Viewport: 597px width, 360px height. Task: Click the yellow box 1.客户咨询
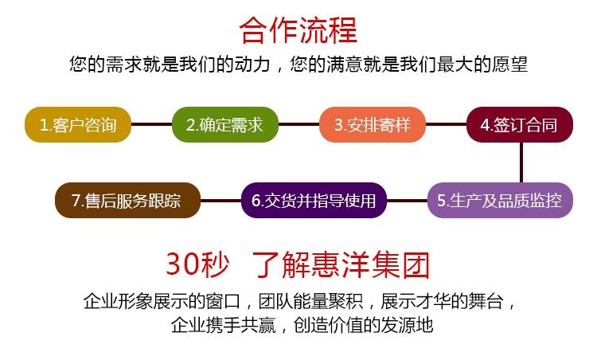click(78, 124)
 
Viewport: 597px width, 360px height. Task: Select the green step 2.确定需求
click(225, 124)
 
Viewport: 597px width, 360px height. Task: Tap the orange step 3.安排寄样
click(373, 124)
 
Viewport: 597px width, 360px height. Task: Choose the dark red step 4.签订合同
click(520, 124)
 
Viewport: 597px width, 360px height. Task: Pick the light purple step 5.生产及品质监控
click(500, 201)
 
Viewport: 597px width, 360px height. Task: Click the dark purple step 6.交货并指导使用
click(314, 201)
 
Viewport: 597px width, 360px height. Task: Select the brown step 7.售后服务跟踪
click(128, 201)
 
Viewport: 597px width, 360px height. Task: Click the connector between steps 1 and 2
click(151, 124)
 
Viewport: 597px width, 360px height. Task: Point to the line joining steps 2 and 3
click(298, 124)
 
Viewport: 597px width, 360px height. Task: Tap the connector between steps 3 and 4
click(447, 124)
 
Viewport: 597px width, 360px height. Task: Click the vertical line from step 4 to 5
click(521, 162)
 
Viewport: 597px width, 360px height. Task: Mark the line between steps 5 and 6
click(407, 201)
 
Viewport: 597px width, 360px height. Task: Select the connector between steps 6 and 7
click(220, 201)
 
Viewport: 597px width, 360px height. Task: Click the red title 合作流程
click(298, 29)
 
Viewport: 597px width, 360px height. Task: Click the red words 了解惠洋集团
click(341, 264)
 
